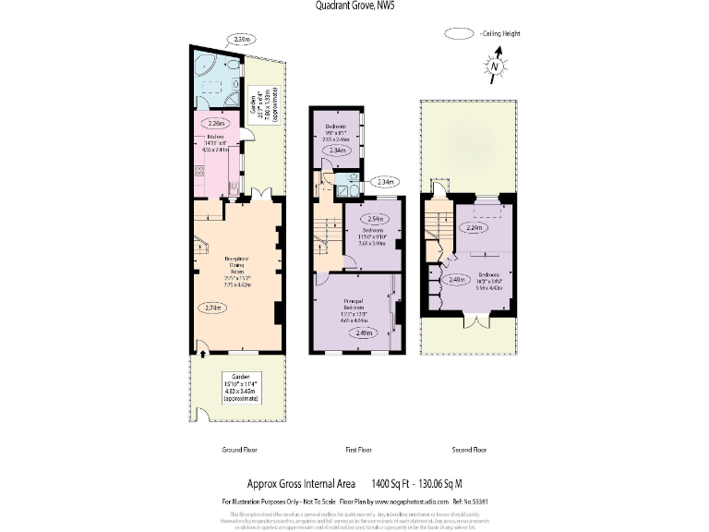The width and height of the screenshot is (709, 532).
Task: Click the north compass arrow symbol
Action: [x=496, y=66]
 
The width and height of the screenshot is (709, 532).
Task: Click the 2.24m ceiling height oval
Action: [x=475, y=227]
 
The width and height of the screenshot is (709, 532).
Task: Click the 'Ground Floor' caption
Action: [x=238, y=450]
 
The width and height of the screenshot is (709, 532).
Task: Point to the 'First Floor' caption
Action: [x=358, y=450]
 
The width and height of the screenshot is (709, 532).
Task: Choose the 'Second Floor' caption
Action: [x=468, y=450]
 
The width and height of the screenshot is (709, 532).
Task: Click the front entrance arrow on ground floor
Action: [x=202, y=351]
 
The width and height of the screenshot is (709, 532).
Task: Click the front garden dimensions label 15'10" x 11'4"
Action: [x=238, y=382]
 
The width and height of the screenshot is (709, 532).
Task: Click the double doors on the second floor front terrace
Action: [x=475, y=322]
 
